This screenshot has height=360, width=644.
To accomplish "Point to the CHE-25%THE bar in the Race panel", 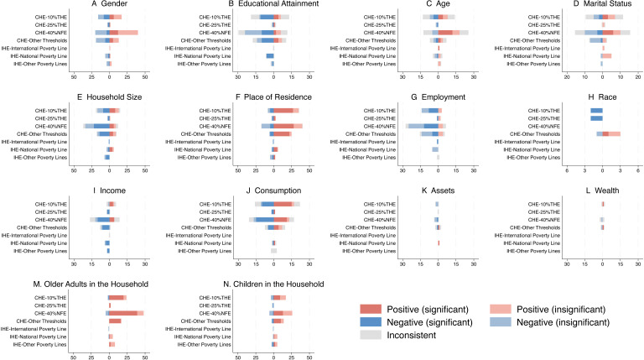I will coord(596,117).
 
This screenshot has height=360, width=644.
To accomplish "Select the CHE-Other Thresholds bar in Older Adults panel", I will coord(115,321).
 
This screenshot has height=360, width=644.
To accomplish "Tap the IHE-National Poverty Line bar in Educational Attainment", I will coord(270,55).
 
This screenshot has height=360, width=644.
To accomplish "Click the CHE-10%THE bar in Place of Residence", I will coord(282,110).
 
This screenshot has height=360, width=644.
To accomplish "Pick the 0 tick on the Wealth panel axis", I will coord(602,264).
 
